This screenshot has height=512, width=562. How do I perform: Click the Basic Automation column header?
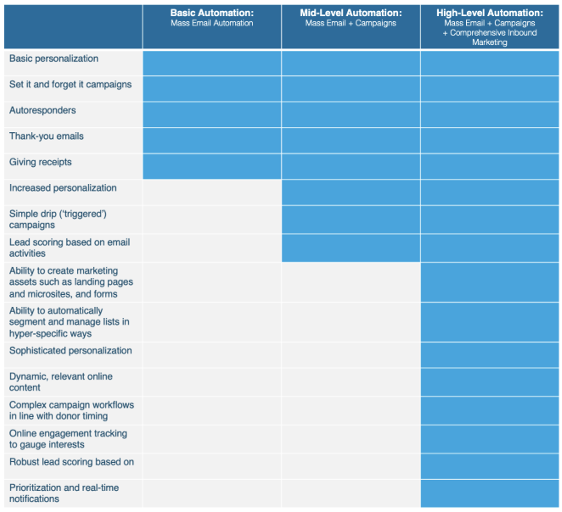[211, 18]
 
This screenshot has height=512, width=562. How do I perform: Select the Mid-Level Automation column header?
[351, 18]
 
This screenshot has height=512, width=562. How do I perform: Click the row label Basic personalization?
[53, 59]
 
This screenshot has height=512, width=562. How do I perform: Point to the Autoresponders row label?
[42, 111]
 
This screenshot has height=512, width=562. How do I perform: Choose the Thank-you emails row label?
[47, 136]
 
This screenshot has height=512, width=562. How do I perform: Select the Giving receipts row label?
[41, 162]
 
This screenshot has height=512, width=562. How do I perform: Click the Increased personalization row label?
[63, 188]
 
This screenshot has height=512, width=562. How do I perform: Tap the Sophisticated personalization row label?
[70, 351]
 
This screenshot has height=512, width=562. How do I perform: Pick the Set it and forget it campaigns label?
[70, 85]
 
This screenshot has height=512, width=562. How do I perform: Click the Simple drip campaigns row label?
[58, 220]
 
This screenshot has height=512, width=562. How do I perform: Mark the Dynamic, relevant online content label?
[61, 381]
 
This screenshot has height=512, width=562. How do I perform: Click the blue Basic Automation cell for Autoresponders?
[211, 114]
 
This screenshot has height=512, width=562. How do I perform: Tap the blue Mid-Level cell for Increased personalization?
[351, 192]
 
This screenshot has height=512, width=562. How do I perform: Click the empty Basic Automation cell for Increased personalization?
[211, 192]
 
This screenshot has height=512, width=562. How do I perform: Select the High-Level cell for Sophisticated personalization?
[490, 354]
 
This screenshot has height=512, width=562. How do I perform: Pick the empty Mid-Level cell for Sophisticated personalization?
[351, 354]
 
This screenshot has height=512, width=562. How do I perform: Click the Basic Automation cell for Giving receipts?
[211, 166]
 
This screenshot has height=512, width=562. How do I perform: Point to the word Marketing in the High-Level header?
[490, 42]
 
